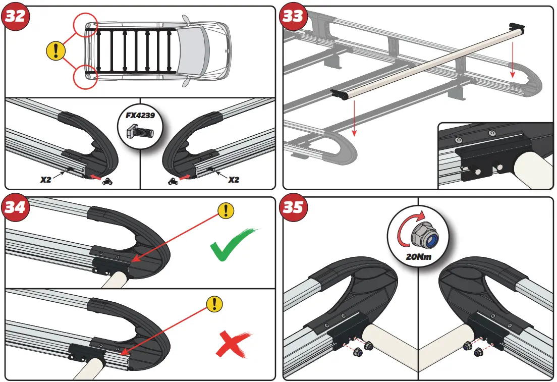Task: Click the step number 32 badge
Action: (16, 16)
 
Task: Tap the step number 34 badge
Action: (16, 207)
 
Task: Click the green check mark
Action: (231, 246)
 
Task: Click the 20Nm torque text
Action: (418, 256)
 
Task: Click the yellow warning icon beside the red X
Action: (215, 303)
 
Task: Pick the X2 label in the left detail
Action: (46, 179)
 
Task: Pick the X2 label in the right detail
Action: (233, 179)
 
